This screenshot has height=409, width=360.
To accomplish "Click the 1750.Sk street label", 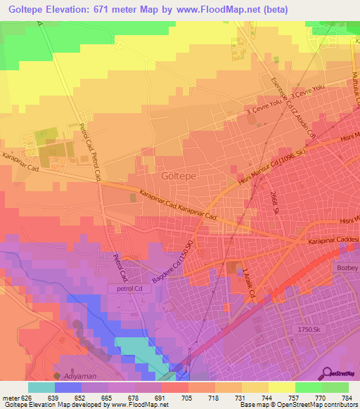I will click(x=310, y=328).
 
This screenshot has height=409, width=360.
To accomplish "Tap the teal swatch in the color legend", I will click(x=41, y=387).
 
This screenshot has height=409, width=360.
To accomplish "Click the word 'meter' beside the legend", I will click(x=10, y=396).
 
